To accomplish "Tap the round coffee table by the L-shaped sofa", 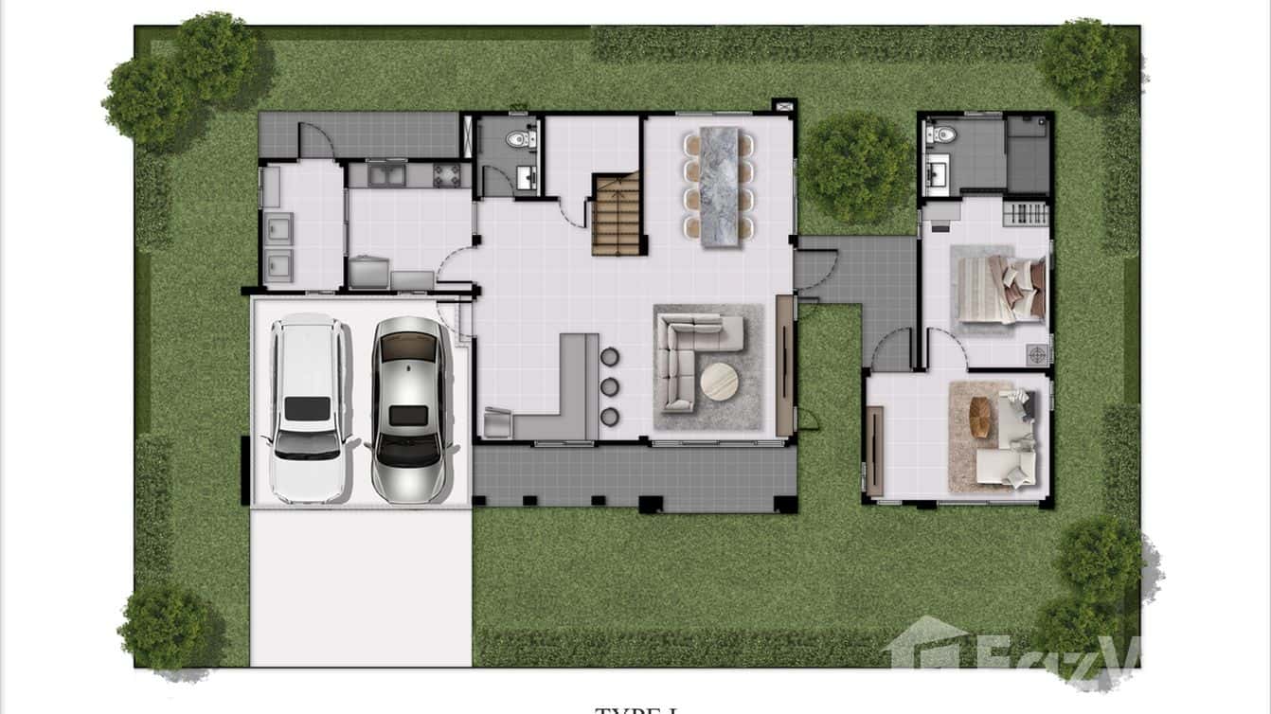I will (x=719, y=382).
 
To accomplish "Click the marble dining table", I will (x=719, y=187).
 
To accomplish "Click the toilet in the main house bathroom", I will (x=517, y=139).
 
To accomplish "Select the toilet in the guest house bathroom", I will (x=943, y=134).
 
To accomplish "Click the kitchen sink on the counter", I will (x=386, y=174).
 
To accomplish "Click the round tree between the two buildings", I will (x=856, y=168).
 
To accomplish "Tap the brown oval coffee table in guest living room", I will (x=980, y=418).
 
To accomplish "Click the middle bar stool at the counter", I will (x=609, y=386).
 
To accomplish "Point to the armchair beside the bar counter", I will (x=498, y=422).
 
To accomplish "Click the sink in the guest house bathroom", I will (x=939, y=173).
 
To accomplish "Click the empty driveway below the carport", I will (x=360, y=587).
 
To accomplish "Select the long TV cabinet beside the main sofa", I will (x=784, y=366).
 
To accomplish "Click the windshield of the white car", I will (x=305, y=444).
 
